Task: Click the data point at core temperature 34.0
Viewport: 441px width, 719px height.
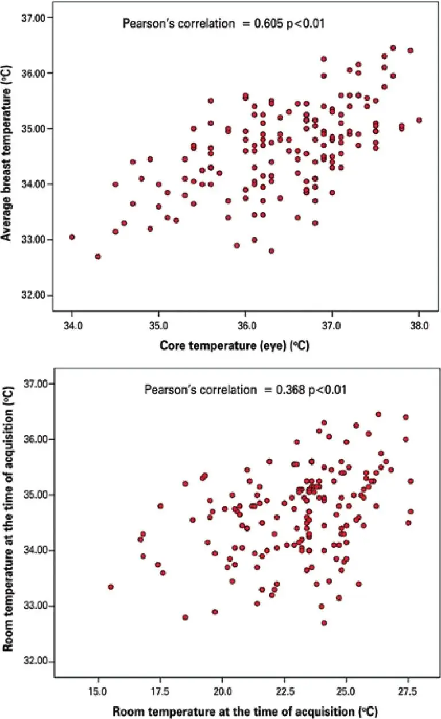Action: click(x=72, y=237)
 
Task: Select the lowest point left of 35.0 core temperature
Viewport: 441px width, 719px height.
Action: click(x=98, y=256)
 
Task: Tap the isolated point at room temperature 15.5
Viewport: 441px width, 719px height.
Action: click(x=111, y=587)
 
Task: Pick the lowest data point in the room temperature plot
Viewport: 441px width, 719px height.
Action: click(x=324, y=622)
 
